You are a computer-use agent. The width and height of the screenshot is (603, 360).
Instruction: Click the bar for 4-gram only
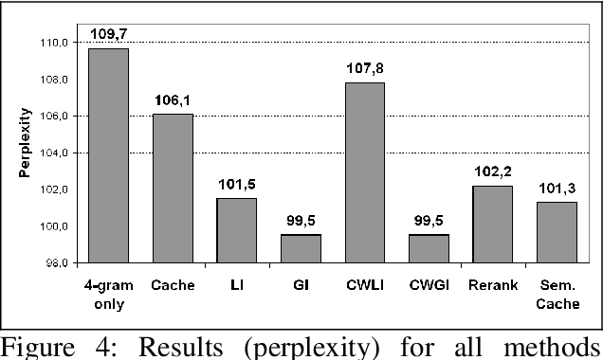point(108,155)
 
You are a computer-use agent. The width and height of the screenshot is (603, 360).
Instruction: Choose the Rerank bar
point(493,224)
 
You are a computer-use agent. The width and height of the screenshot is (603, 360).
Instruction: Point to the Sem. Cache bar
point(557,232)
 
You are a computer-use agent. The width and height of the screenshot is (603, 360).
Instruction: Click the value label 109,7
point(108,35)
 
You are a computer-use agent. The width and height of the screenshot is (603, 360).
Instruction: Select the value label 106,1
point(173,100)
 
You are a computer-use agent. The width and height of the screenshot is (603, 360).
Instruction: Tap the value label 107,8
point(365,69)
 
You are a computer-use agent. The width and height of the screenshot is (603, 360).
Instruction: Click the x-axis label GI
point(301,282)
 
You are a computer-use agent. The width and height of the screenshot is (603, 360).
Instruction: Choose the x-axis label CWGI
point(429,282)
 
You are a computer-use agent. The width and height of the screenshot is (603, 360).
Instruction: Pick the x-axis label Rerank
point(493,282)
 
